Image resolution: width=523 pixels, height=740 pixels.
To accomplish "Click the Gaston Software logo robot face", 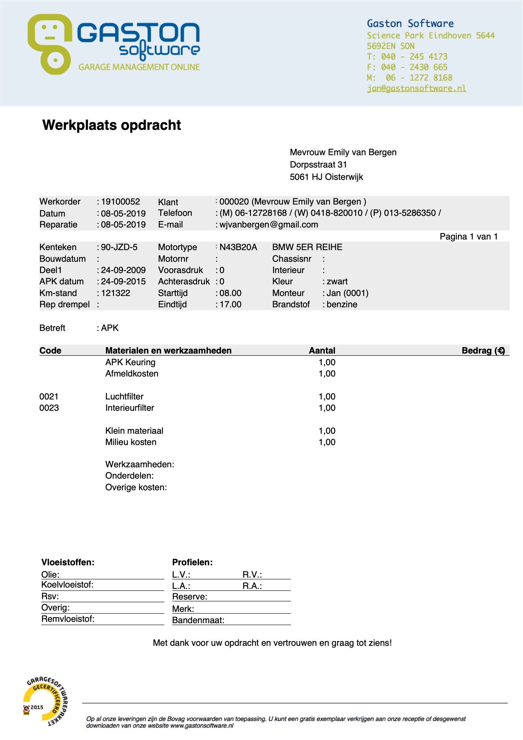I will coord(50,44).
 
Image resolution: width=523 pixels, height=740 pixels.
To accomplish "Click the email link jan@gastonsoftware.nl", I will coord(416,88).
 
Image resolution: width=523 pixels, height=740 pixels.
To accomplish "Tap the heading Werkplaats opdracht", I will coord(112,125).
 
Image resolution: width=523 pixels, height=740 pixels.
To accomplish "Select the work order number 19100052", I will coord(120,201).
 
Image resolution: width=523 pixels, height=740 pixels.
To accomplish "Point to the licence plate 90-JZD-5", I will coord(119,247).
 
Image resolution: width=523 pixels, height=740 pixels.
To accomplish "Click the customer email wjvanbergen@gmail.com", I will coord(269,224).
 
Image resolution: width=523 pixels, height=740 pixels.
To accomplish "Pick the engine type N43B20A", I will coord(238,247).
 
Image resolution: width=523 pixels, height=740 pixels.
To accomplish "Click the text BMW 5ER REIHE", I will coord(307,247).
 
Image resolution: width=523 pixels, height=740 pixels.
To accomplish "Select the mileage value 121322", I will coord(115,293).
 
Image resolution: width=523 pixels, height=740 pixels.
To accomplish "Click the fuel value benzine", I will coord(341,304).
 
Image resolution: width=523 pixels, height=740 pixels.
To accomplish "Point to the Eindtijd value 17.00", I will coord(230,304).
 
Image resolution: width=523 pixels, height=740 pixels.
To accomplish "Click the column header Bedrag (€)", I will coord(483,350).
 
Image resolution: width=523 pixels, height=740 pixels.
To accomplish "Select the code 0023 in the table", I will coord(49,408).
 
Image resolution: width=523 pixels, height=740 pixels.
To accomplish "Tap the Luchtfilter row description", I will coord(124,396).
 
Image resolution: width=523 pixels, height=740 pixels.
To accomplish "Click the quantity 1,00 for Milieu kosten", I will coord(327,442).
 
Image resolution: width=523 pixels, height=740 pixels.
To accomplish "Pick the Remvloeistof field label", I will coord(68,619).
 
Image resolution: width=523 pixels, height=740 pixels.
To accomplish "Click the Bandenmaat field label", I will coord(198,620).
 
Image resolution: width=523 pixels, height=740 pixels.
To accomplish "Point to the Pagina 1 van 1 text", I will coord(469,236).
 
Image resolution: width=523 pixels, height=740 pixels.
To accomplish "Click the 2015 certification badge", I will coord(45,701).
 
